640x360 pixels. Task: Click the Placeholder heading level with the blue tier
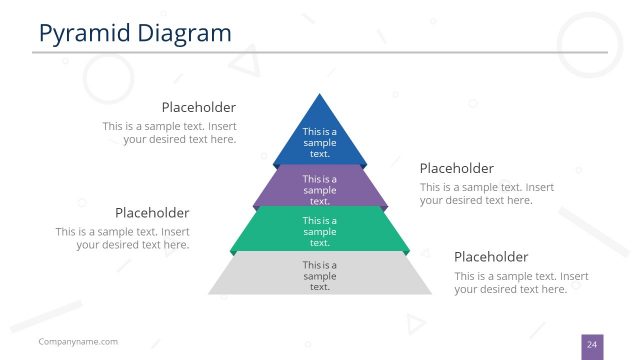click(x=199, y=107)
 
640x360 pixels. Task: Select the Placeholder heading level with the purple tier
click(x=456, y=168)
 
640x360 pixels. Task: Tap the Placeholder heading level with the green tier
click(x=152, y=213)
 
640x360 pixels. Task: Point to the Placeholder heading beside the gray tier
click(x=491, y=256)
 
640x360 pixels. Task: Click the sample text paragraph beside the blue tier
click(x=169, y=133)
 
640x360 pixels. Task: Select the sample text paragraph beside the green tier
click(x=122, y=238)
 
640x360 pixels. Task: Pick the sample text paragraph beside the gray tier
click(x=521, y=282)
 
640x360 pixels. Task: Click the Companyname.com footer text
click(x=78, y=342)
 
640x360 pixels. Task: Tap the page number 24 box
click(x=592, y=345)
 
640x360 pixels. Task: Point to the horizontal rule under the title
click(x=320, y=52)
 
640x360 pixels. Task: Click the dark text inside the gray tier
click(x=320, y=276)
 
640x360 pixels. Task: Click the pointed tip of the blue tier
click(x=320, y=97)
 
